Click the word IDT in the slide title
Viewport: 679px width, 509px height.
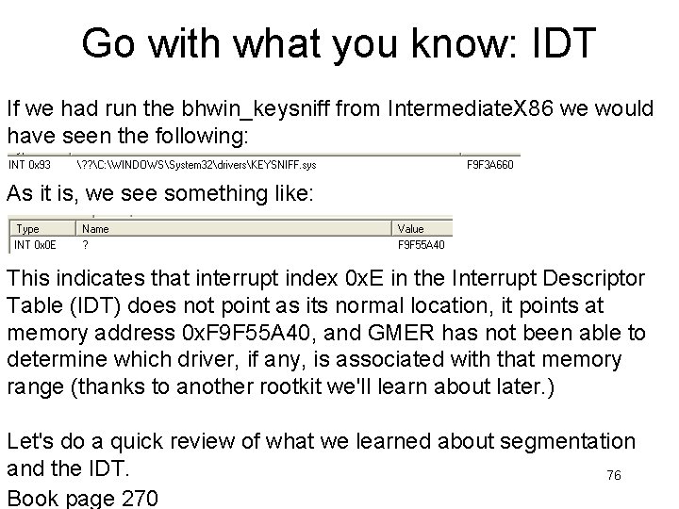[566, 42]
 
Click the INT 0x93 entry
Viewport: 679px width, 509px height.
[30, 164]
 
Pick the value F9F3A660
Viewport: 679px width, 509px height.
[490, 164]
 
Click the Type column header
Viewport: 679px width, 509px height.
[28, 228]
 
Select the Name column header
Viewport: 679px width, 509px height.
[96, 228]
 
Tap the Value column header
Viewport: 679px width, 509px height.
[411, 228]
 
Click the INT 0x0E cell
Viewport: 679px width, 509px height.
[34, 245]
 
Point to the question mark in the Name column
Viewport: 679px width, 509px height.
[86, 245]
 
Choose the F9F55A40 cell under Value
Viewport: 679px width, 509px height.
[421, 245]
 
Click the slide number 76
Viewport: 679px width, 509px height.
[613, 476]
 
